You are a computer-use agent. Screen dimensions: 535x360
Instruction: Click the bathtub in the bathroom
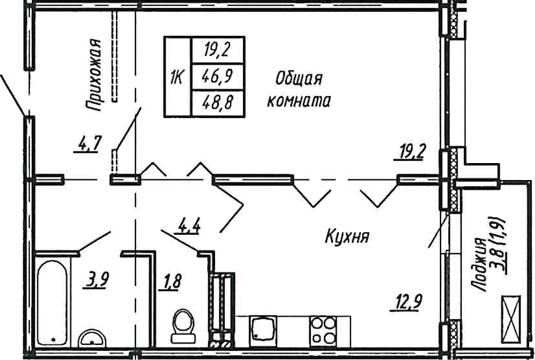pos(52,303)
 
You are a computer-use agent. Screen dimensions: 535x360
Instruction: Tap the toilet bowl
pos(183,326)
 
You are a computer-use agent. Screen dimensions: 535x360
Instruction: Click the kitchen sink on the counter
pos(263,331)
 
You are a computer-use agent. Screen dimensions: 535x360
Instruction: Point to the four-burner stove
pos(323,331)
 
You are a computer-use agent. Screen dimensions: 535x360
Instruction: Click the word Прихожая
pos(93,75)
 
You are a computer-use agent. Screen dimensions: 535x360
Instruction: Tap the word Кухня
pos(347,236)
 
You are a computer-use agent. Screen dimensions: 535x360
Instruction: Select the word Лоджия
pos(480,265)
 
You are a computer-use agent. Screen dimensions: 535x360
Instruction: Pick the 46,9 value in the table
pos(218,76)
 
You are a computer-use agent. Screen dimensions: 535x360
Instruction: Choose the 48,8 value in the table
pos(218,102)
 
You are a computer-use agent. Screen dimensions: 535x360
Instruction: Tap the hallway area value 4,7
pos(88,144)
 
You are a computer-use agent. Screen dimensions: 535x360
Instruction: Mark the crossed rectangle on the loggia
pos(511,319)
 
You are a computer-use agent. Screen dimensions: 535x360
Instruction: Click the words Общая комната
pos(299,91)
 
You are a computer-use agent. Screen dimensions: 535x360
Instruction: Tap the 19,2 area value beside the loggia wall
pos(409,152)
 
